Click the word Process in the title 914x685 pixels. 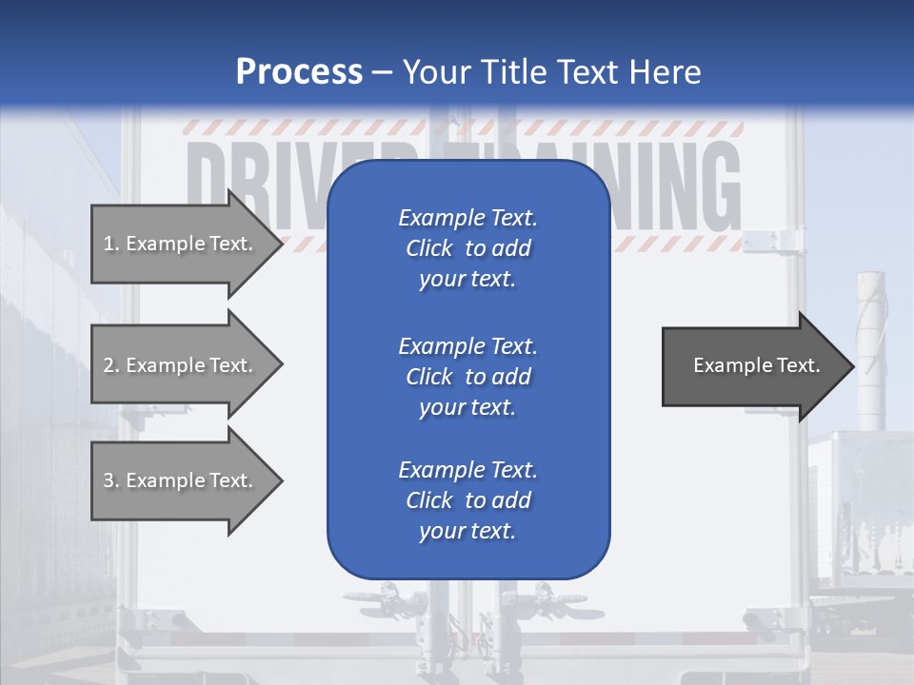pos(299,72)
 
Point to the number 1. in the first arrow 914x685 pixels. pos(111,244)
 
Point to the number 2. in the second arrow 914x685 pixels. pos(111,365)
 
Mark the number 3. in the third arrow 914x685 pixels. pos(111,480)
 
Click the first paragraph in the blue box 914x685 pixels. pos(467,248)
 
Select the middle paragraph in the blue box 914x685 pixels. pos(467,376)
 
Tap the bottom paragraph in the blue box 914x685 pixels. pos(467,500)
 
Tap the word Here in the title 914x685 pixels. pos(666,72)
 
